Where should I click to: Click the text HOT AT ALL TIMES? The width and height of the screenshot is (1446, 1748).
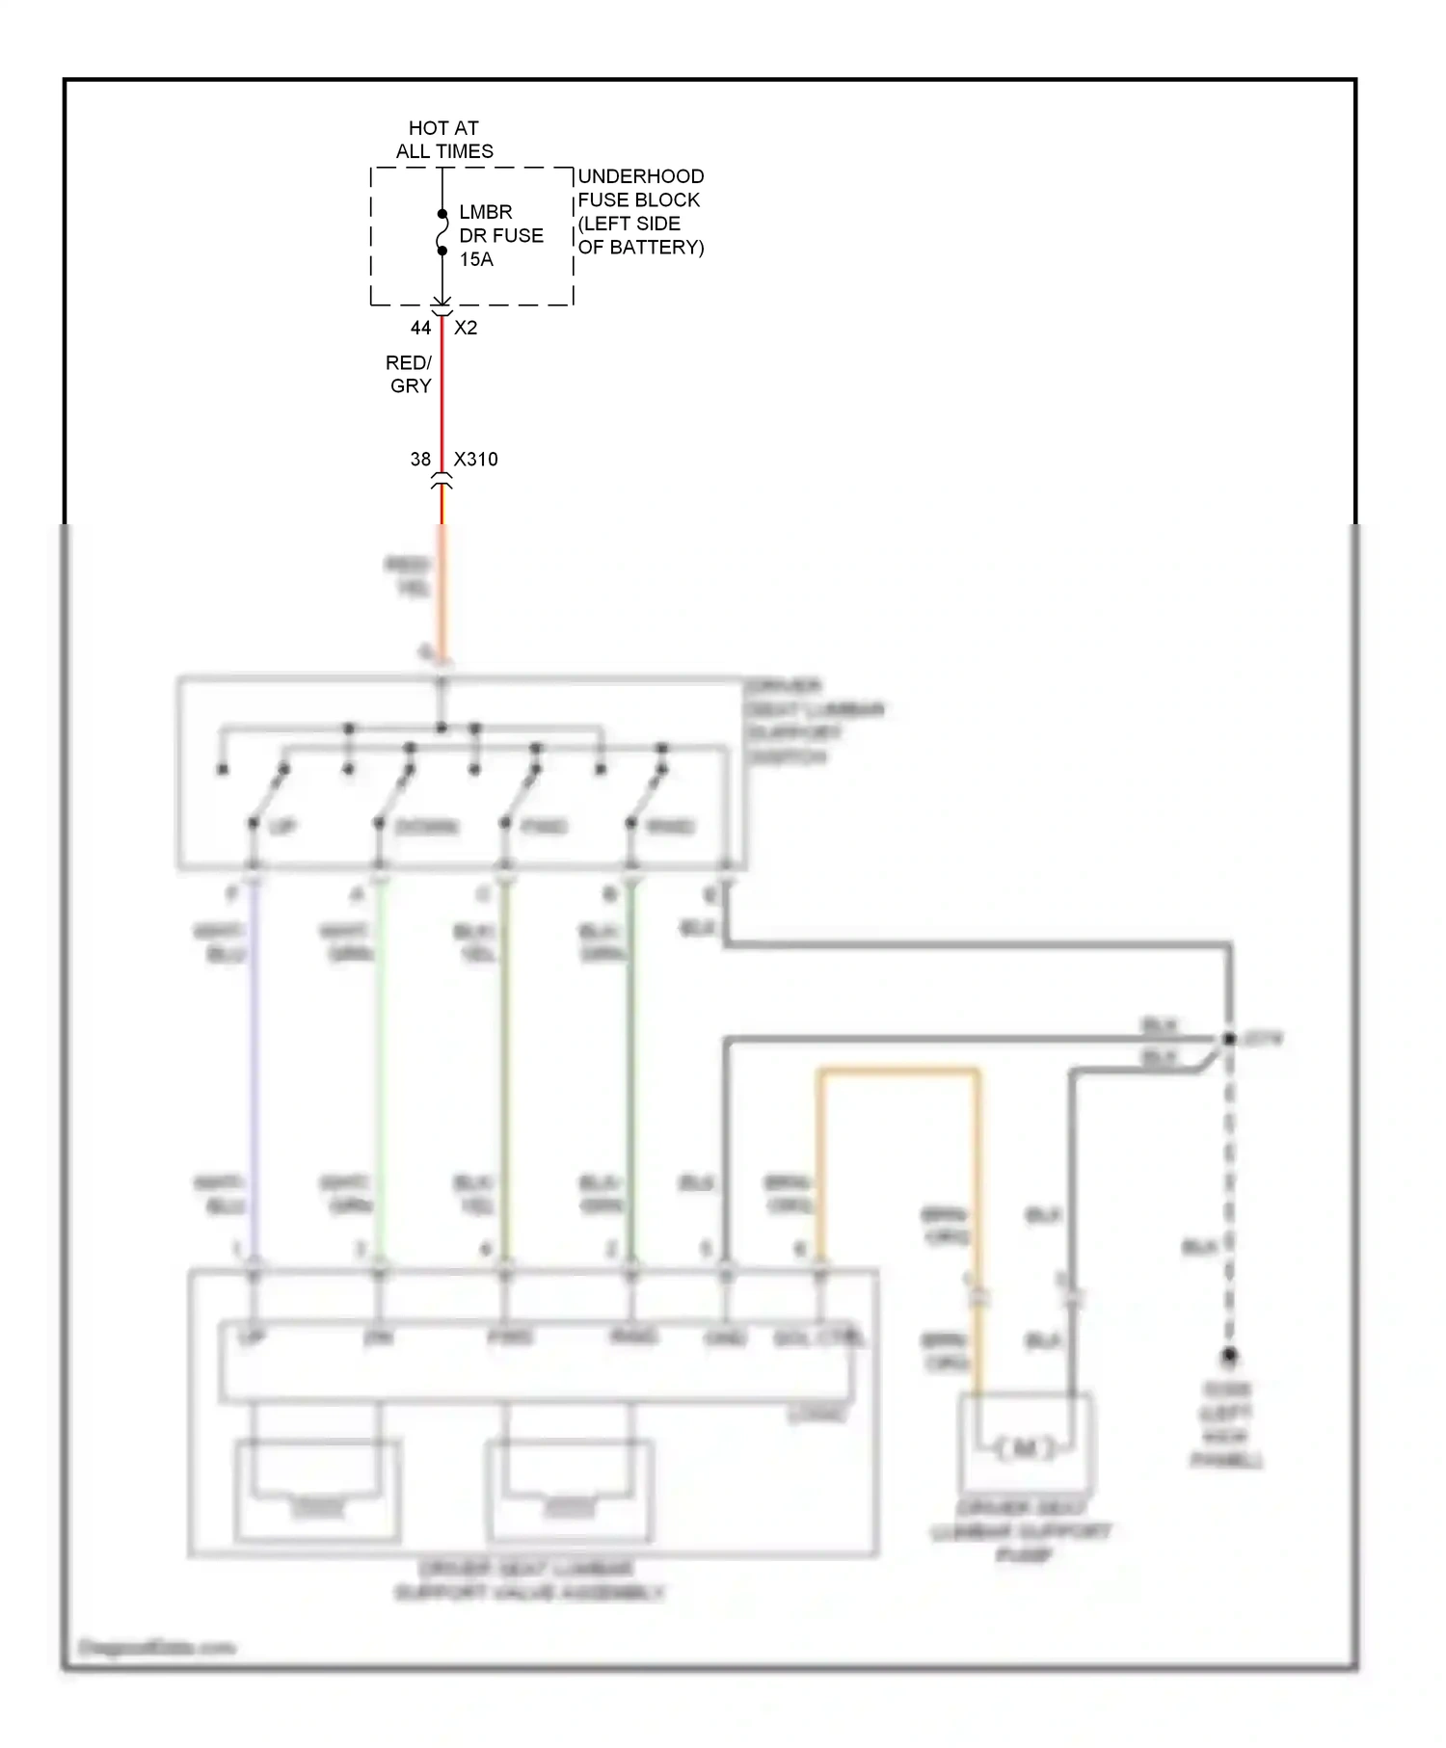(x=443, y=140)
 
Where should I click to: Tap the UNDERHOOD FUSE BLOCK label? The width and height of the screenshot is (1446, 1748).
(x=640, y=211)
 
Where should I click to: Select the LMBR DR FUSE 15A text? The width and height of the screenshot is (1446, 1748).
(x=500, y=235)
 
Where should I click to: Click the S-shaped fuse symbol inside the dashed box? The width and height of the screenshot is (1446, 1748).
(x=442, y=232)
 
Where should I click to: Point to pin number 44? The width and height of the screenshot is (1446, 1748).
(x=420, y=328)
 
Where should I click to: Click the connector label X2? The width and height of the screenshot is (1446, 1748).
(x=466, y=328)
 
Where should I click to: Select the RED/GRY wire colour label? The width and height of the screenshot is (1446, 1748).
(x=409, y=374)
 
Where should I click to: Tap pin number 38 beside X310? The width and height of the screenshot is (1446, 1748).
(x=420, y=460)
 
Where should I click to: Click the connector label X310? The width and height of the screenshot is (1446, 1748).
(x=476, y=460)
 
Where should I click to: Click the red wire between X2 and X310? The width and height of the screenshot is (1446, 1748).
(x=442, y=395)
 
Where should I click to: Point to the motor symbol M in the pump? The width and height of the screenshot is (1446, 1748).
(x=1025, y=1448)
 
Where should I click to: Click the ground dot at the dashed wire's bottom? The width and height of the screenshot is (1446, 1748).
(x=1229, y=1356)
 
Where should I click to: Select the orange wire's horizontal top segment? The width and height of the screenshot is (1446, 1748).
(x=897, y=1071)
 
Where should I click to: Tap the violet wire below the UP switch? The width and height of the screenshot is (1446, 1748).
(x=254, y=1060)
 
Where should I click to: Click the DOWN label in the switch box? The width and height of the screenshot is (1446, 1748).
(x=427, y=827)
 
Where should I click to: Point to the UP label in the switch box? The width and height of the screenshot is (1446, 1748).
(x=282, y=827)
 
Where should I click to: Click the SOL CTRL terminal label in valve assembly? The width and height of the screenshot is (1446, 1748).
(x=818, y=1338)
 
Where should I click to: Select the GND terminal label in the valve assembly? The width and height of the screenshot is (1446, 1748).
(x=726, y=1338)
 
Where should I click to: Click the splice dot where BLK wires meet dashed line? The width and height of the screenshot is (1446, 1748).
(x=1229, y=1039)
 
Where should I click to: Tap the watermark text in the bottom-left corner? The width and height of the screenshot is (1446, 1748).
(x=156, y=1647)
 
